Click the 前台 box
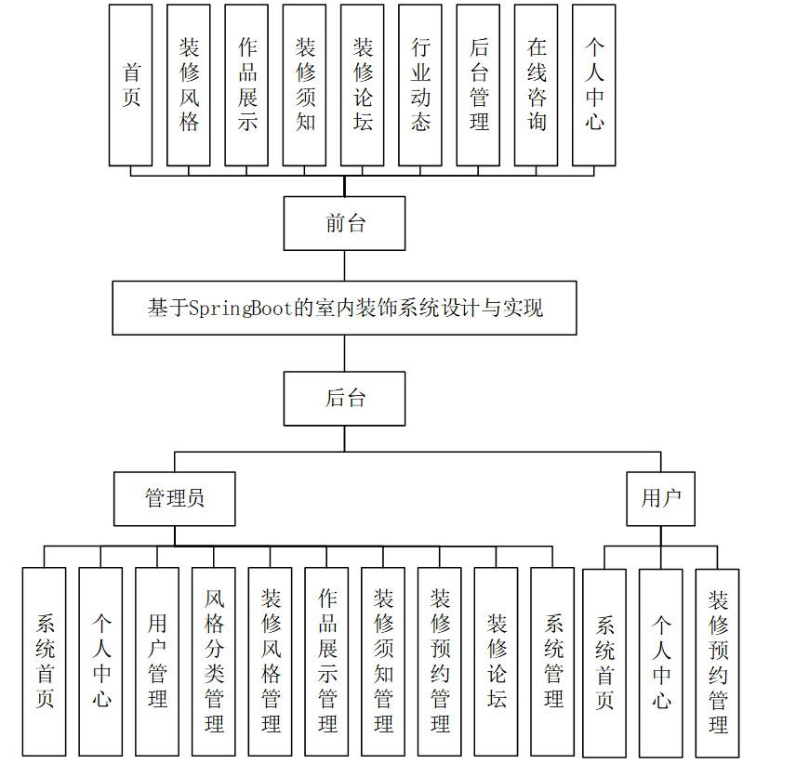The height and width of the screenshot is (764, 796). point(344,223)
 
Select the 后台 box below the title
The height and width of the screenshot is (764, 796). point(344,399)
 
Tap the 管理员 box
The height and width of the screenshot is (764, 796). point(175,498)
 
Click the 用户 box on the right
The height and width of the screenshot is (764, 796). point(661,498)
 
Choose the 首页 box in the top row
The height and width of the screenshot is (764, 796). point(130,85)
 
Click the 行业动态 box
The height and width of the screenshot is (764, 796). point(420,85)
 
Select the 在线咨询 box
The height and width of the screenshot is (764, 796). point(537,85)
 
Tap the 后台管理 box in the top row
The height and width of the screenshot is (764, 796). point(478,85)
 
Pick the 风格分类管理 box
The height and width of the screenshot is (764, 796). point(214,661)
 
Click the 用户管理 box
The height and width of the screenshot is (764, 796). point(157,661)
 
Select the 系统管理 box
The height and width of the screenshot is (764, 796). point(553,661)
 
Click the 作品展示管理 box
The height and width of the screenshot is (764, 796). point(327,661)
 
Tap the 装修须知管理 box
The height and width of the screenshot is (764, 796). point(384,661)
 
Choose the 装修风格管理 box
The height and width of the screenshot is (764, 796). point(271,661)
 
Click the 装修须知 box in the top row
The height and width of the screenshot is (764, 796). point(305,85)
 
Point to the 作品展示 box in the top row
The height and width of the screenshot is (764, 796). point(246,85)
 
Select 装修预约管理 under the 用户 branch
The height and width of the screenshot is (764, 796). point(718,662)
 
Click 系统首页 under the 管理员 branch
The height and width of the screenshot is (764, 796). point(45,661)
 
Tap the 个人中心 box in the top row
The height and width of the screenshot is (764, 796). point(594,85)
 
